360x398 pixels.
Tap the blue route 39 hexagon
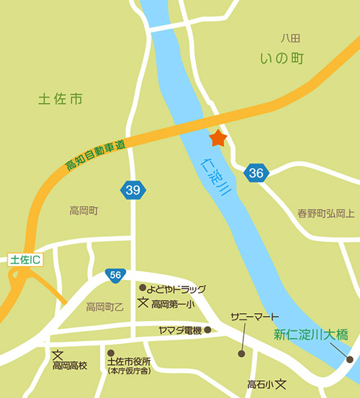[x=132, y=190]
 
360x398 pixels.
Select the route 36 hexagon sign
[x=256, y=173]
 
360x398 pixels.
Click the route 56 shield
[x=115, y=274]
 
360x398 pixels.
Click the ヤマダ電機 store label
[x=180, y=330]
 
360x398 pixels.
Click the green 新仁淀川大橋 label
[x=311, y=334]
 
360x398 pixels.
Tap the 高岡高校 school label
[x=70, y=366]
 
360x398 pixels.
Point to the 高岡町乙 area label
[x=105, y=307]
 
